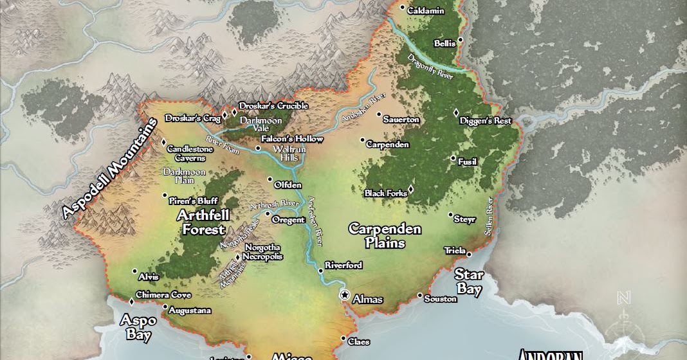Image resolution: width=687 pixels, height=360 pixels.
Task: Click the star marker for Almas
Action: pos(345,295)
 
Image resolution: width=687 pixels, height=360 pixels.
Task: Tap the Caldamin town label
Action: pos(426,11)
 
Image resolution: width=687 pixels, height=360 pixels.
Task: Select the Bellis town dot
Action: pos(461,42)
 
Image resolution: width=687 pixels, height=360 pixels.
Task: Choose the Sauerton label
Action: pos(401,120)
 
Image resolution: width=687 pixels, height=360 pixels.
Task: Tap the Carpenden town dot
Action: pos(362,140)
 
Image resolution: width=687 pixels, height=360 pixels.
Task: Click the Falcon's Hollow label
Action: pos(292,139)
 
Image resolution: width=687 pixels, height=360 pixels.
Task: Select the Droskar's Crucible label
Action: pos(273,106)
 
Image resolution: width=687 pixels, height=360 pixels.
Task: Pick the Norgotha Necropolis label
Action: pos(261,252)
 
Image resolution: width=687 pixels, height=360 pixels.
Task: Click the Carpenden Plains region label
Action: pos(385,236)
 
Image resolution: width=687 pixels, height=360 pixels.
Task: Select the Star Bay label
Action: pos(469,282)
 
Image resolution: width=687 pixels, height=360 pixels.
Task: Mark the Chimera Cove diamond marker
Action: pos(131,301)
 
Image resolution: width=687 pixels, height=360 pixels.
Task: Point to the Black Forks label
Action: pos(385,193)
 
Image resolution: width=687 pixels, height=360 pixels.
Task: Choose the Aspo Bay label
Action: pos(135,327)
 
